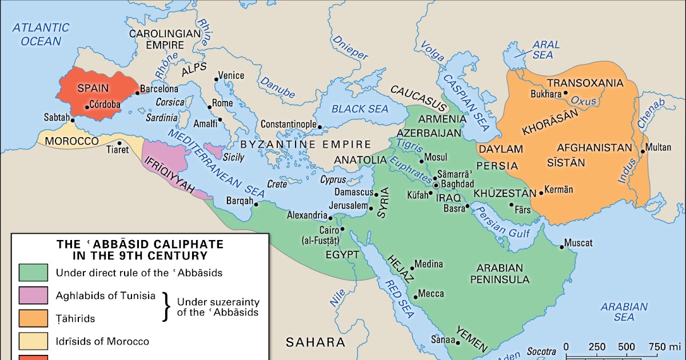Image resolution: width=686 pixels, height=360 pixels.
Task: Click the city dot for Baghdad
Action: pyautogui.click(x=436, y=185)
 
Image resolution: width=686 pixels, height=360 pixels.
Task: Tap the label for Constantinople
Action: pyautogui.click(x=289, y=124)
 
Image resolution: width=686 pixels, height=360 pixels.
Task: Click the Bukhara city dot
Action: pyautogui.click(x=565, y=93)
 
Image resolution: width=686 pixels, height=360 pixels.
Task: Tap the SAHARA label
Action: pyautogui.click(x=316, y=343)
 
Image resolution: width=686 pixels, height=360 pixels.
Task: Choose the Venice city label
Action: pyautogui.click(x=231, y=75)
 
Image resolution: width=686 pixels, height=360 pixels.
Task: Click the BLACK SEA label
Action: pyautogui.click(x=360, y=109)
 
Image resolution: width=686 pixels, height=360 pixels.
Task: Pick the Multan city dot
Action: pyautogui.click(x=643, y=151)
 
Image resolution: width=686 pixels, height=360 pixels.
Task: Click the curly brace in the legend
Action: pyautogui.click(x=167, y=307)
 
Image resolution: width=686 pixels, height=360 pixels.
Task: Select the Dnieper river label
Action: pyautogui.click(x=350, y=48)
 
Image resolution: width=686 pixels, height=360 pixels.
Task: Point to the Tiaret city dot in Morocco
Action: pyautogui.click(x=119, y=143)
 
